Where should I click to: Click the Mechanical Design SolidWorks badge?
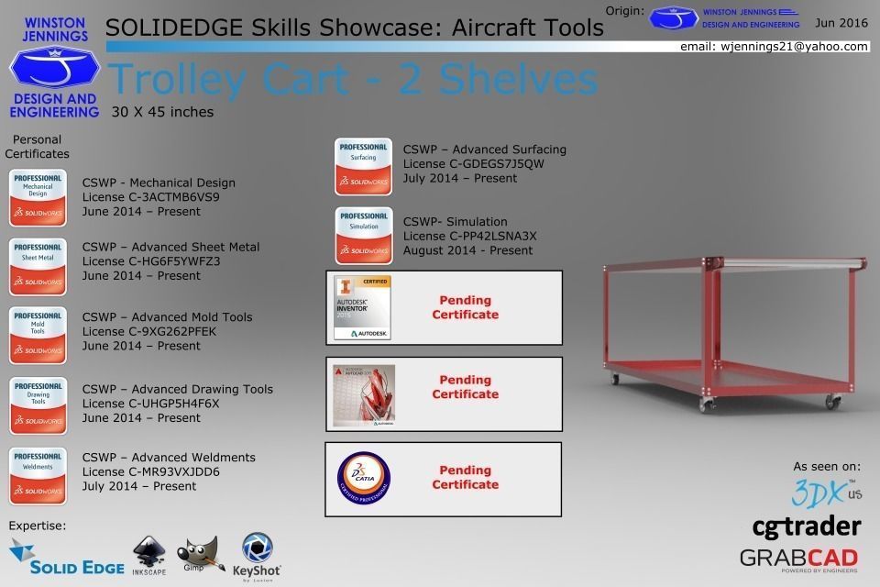(x=38, y=197)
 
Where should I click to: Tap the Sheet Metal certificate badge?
(x=38, y=267)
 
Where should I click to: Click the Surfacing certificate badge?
(x=363, y=166)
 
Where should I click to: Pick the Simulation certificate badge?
(x=363, y=236)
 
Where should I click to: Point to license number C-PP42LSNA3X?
(x=469, y=236)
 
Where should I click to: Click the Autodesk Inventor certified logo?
(x=362, y=307)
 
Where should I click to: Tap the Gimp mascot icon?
(x=199, y=557)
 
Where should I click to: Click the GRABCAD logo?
(x=798, y=558)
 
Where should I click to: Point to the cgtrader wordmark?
(x=806, y=526)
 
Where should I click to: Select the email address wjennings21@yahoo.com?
(x=774, y=46)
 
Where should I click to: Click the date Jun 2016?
(x=841, y=23)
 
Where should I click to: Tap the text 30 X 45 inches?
(x=162, y=112)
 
